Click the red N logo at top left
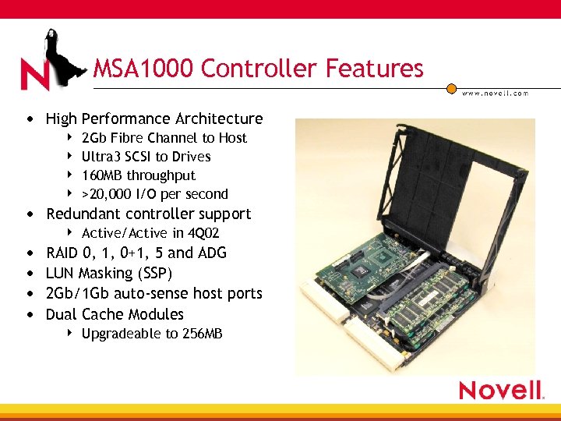click(35, 74)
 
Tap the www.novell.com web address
click(495, 93)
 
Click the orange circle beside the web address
click(450, 88)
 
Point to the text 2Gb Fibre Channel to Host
click(164, 138)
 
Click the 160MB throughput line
click(138, 175)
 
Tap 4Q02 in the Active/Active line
click(203, 233)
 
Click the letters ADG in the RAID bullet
click(212, 253)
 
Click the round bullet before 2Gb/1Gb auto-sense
click(29, 294)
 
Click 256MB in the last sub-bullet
click(202, 334)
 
